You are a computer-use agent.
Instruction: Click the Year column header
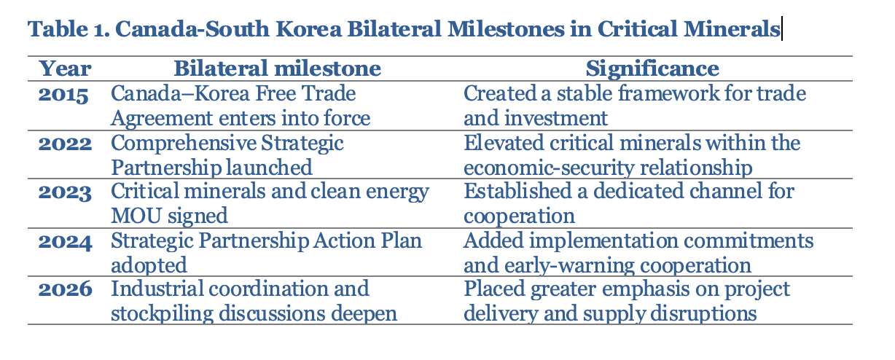pos(65,69)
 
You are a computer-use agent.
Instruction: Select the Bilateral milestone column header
pos(277,69)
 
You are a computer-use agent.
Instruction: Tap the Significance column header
pos(652,69)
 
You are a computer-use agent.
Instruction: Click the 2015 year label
pos(63,94)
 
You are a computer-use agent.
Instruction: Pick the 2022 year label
pos(65,144)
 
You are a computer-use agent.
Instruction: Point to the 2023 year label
pos(65,192)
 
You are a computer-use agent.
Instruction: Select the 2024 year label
pos(65,242)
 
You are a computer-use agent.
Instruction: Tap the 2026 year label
pos(65,289)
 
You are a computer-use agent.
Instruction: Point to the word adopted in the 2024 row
pos(149,266)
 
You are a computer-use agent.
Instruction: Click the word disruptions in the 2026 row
pos(703,313)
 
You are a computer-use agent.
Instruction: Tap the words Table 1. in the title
pos(69,29)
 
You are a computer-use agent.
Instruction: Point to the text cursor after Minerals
pos(782,28)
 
